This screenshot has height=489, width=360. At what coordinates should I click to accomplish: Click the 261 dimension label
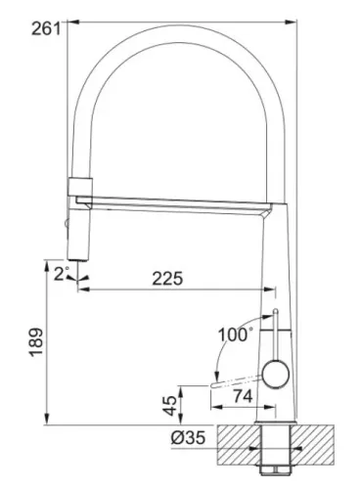tap(46, 29)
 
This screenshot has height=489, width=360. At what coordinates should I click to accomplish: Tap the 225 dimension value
tap(167, 279)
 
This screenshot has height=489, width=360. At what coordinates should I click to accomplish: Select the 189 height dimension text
tap(37, 342)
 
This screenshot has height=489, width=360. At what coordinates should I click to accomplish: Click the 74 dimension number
tap(243, 396)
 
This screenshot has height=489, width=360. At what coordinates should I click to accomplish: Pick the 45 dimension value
tap(170, 406)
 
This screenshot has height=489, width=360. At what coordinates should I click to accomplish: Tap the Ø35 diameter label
tap(188, 437)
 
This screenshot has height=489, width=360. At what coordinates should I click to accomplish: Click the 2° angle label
tap(62, 274)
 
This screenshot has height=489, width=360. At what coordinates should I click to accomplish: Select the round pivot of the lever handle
tap(276, 375)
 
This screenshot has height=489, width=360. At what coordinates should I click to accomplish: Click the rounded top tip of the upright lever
tap(275, 310)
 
